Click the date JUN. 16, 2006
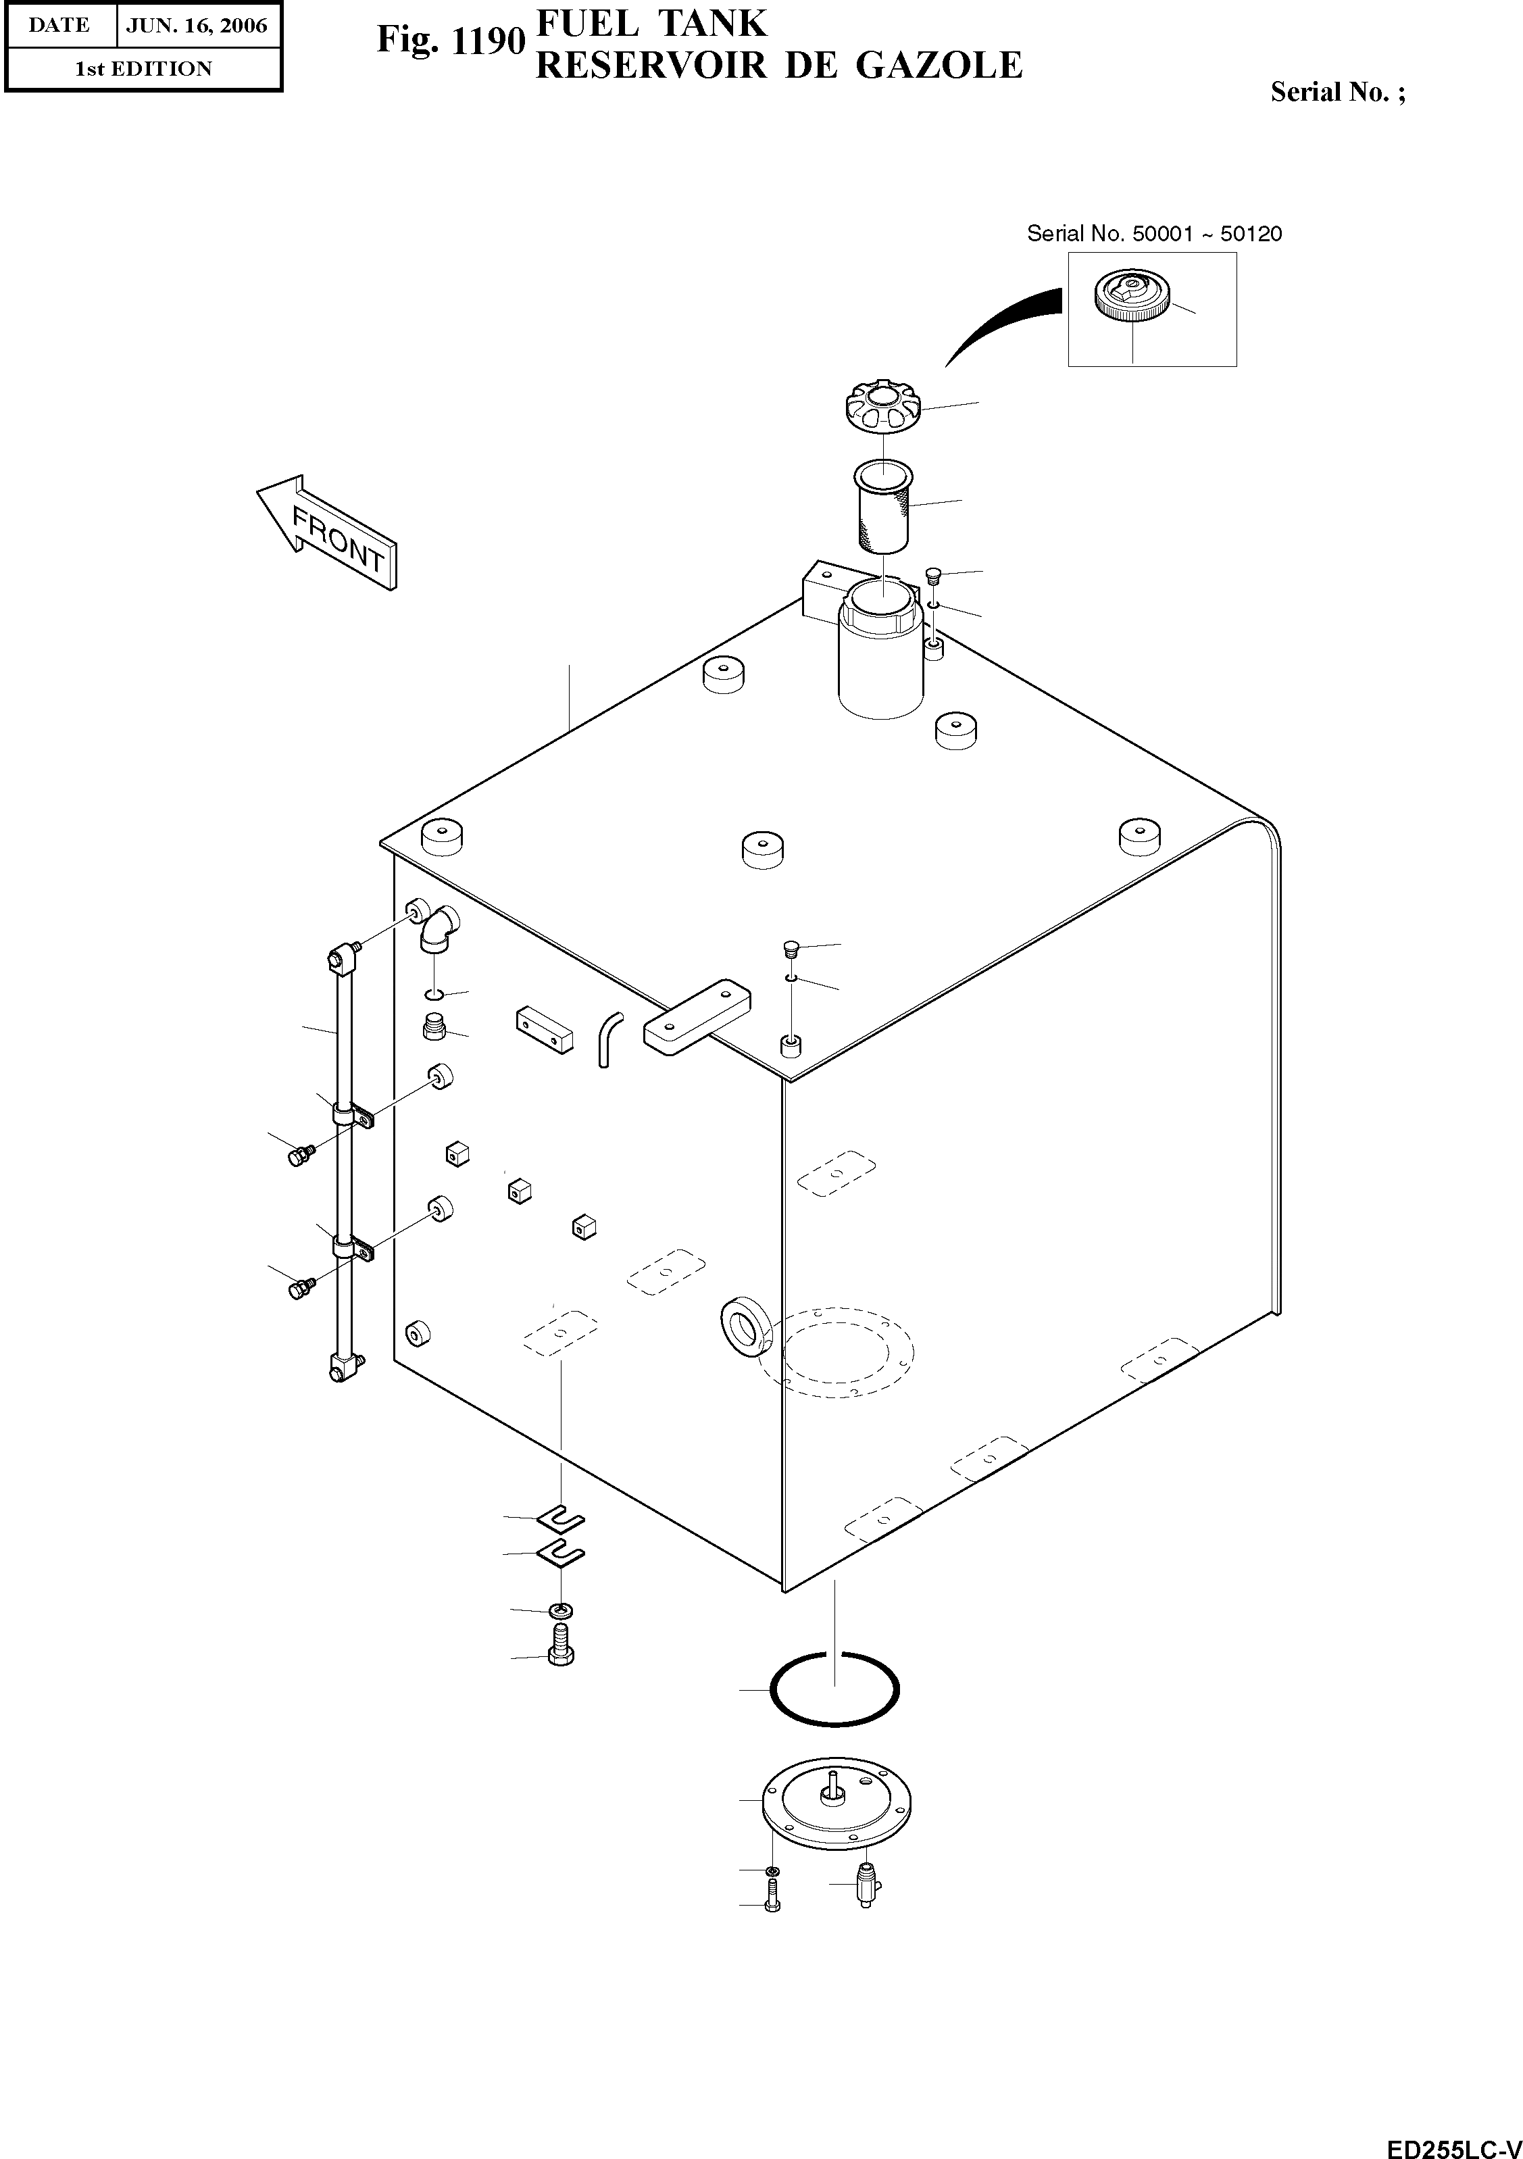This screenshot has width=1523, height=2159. point(197,26)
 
